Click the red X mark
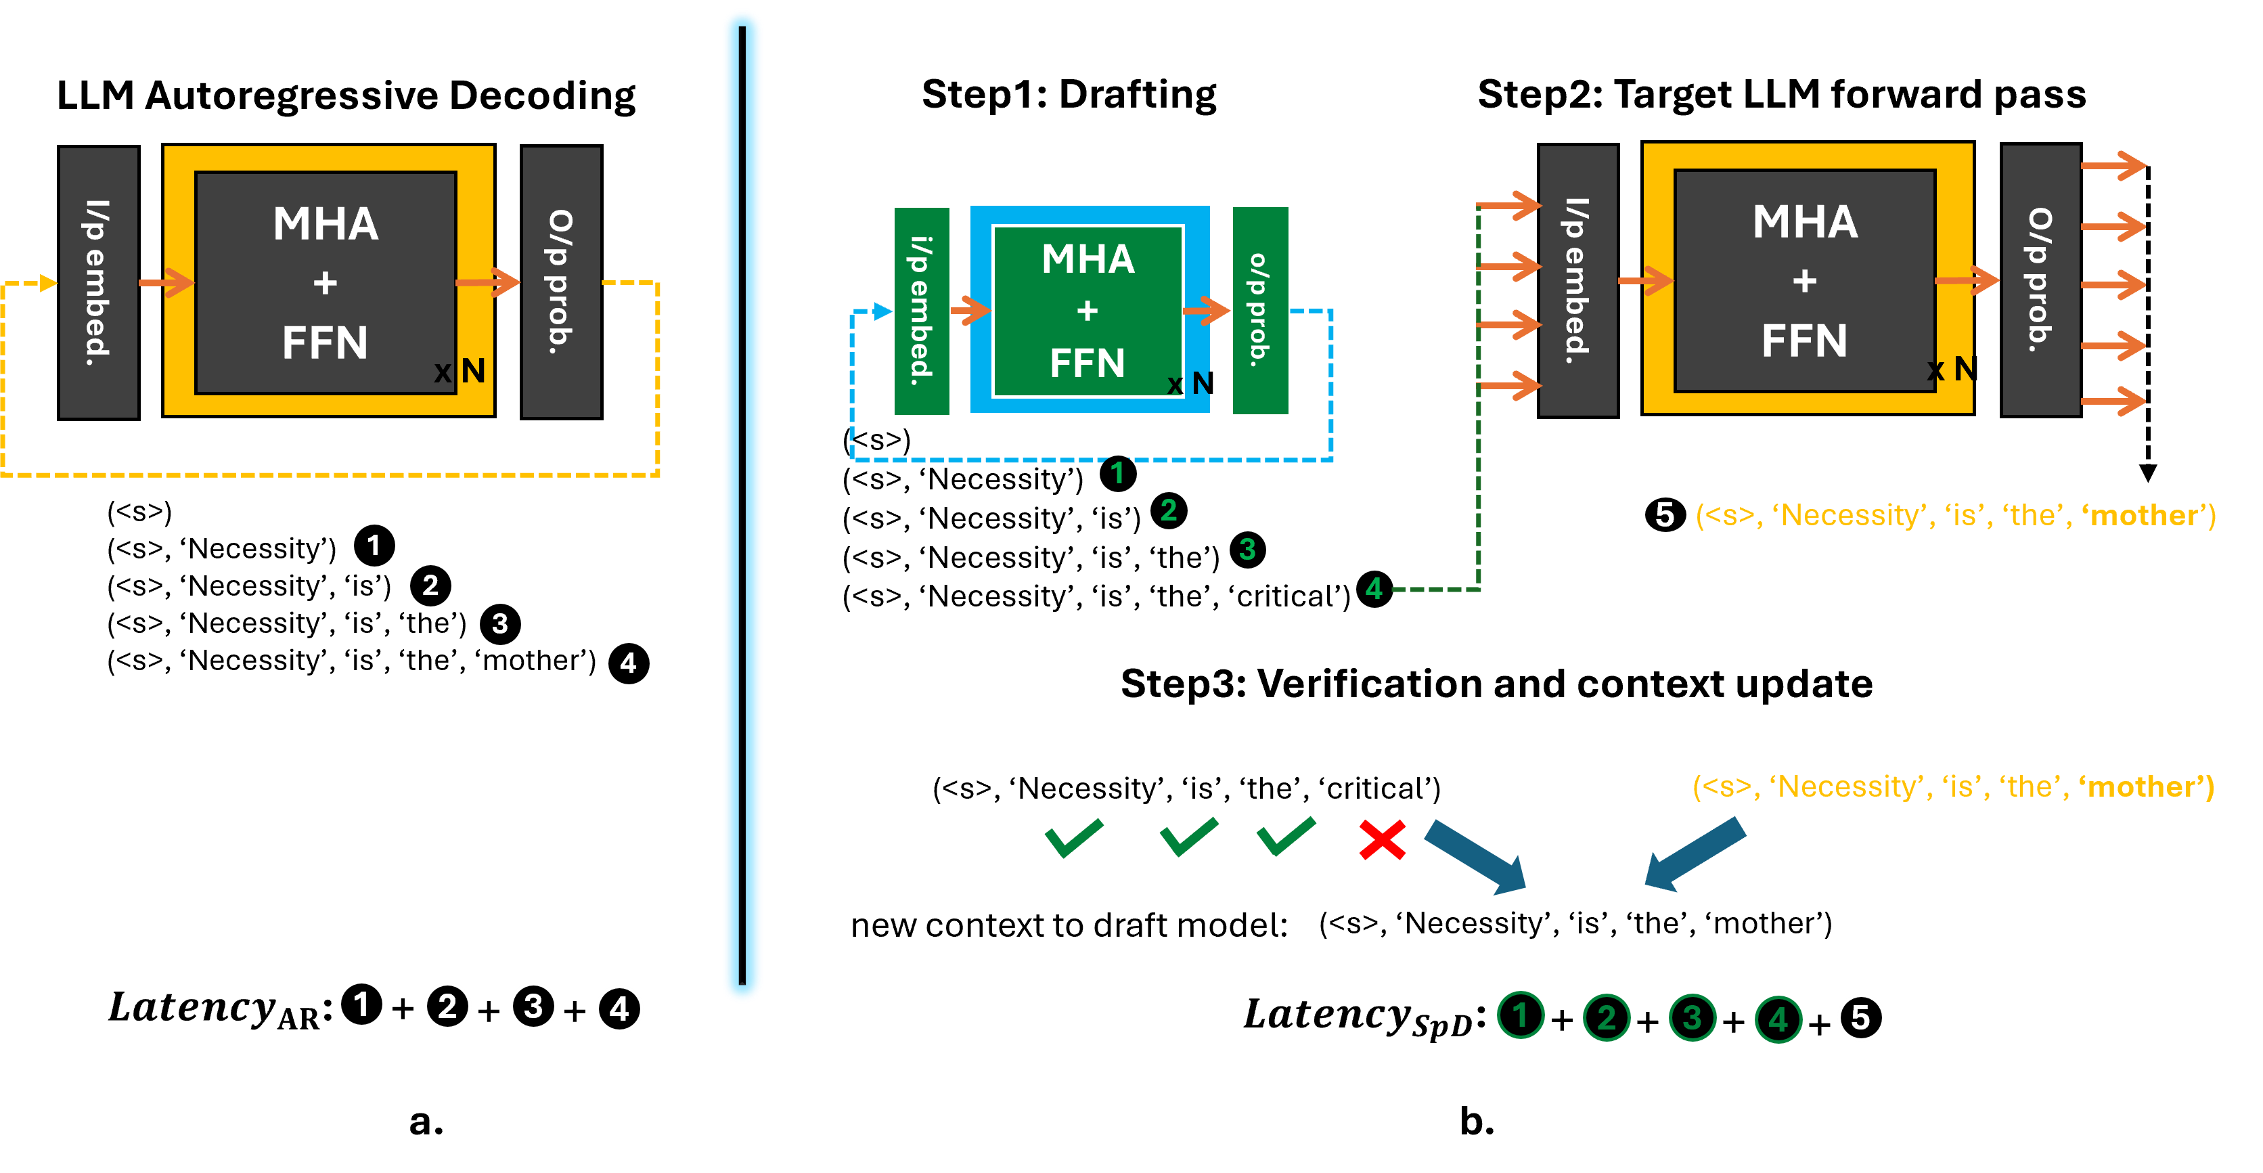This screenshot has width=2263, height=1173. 1382,840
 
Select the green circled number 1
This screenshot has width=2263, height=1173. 1521,1016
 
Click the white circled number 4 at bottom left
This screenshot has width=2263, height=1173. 619,1009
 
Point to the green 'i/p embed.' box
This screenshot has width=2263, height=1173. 922,311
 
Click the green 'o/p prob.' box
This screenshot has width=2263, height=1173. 1260,311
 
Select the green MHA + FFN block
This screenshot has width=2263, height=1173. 1088,311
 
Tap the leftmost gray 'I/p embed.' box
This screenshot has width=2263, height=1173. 98,282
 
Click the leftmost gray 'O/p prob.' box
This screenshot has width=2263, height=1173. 562,282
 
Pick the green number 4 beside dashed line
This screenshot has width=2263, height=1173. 1374,589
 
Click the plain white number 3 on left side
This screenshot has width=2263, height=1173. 500,624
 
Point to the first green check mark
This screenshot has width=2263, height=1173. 1073,837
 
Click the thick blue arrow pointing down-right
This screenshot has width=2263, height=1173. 1477,858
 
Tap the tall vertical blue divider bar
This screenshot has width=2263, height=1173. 742,505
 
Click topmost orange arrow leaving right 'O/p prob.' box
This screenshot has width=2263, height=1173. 2113,165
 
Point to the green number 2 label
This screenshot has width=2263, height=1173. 1169,510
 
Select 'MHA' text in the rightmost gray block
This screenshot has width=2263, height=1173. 1806,221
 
